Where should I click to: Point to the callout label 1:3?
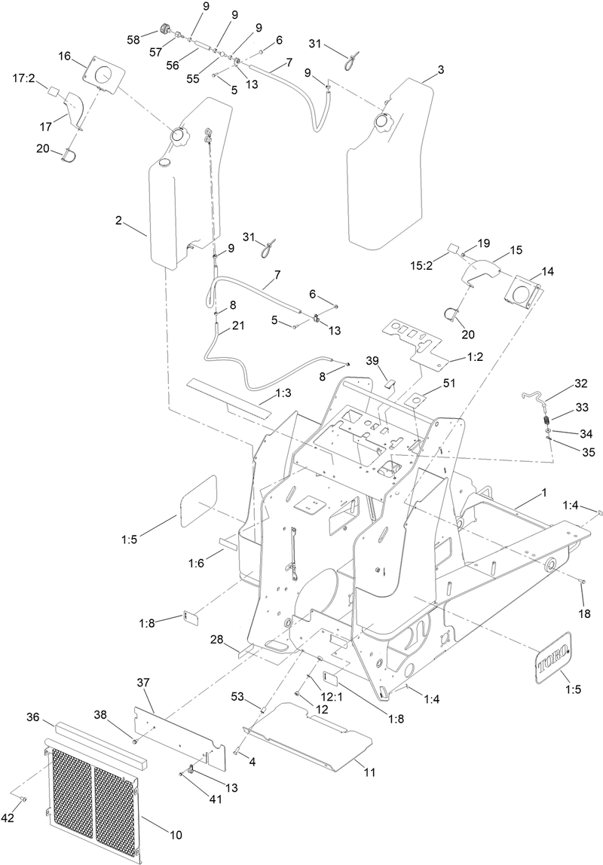284,393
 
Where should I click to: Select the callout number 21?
238,326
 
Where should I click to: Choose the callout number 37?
143,682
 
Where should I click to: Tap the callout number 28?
216,639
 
